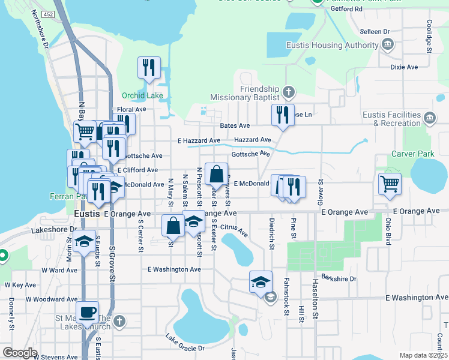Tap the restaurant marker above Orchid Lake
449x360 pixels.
pyautogui.click(x=148, y=68)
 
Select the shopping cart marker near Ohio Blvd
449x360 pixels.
pyautogui.click(x=390, y=184)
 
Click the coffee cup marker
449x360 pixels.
pyautogui.click(x=88, y=313)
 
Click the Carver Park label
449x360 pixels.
pyautogui.click(x=412, y=154)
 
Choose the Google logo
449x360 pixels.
pyautogui.click(x=20, y=353)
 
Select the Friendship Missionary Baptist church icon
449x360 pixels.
pyautogui.click(x=289, y=92)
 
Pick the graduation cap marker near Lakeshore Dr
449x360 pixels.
pyautogui.click(x=85, y=242)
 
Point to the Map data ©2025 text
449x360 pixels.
pyautogui.click(x=423, y=355)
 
